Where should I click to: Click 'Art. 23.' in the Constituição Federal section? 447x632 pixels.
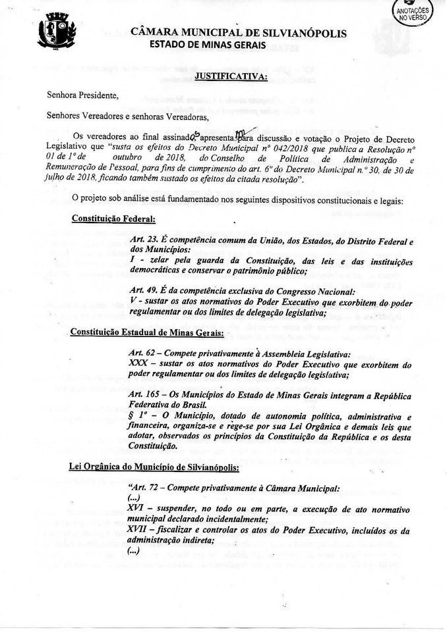[x=144, y=240]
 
